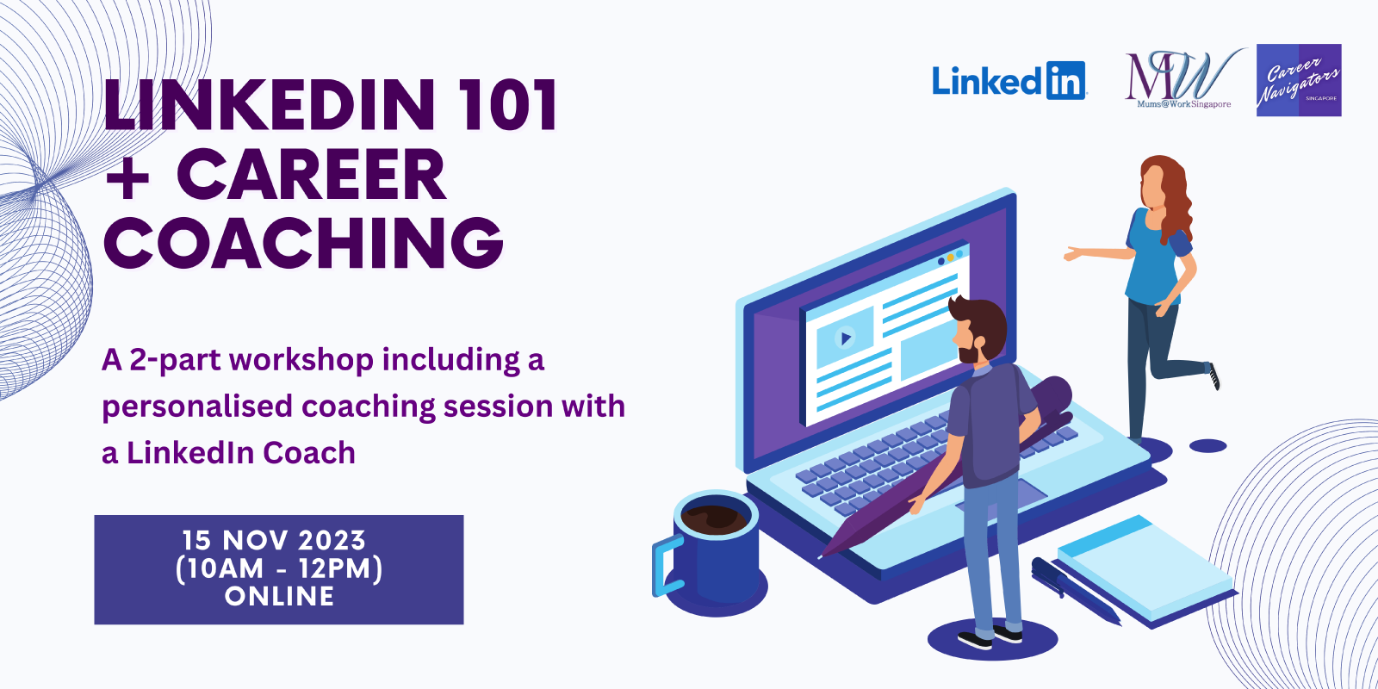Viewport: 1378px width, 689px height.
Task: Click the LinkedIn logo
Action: click(x=1009, y=81)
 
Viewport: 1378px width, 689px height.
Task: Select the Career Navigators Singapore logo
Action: click(x=1299, y=80)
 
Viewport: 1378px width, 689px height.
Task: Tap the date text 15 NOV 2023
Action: click(x=275, y=541)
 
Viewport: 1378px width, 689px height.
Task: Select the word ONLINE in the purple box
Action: click(x=279, y=596)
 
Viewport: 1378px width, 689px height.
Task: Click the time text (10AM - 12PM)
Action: click(x=279, y=568)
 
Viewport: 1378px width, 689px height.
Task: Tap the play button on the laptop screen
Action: click(x=846, y=337)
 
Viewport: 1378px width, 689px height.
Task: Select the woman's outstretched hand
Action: click(x=1073, y=253)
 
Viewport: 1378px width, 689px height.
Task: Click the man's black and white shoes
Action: click(x=990, y=636)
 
